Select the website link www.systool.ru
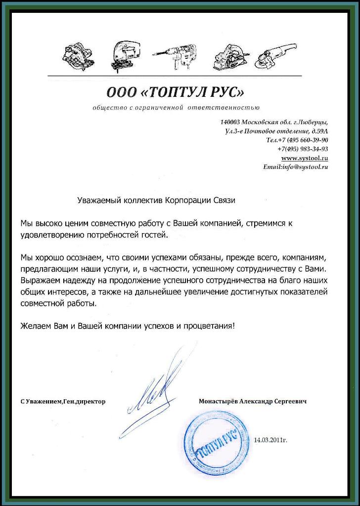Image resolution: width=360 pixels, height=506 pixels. pyautogui.click(x=305, y=158)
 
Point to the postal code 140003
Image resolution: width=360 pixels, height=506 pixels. pyautogui.click(x=230, y=122)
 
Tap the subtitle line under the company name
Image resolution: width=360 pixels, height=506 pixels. pyautogui.click(x=176, y=108)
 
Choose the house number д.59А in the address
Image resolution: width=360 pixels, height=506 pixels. pyautogui.click(x=319, y=131)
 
